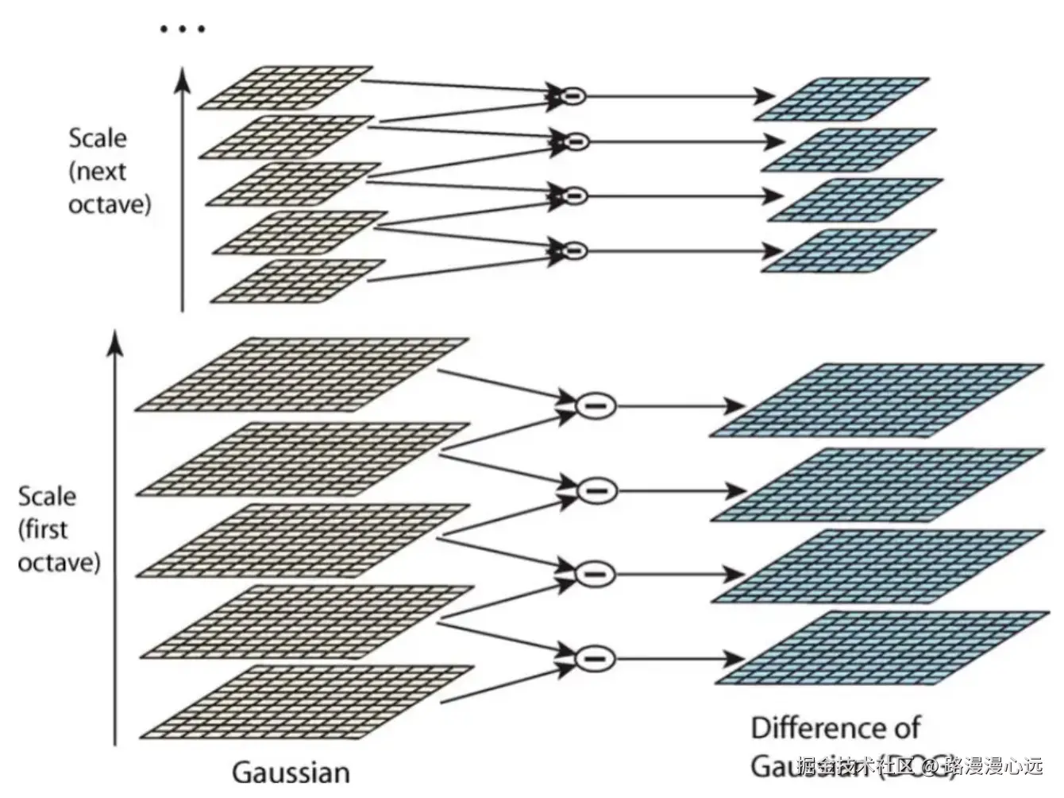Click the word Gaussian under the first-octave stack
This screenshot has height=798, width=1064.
click(x=291, y=772)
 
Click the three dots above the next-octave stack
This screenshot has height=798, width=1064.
click(x=183, y=29)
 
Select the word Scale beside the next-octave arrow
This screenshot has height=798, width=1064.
click(x=98, y=138)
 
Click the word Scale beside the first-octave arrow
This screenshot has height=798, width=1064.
click(x=48, y=497)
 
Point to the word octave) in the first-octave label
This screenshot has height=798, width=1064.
click(x=60, y=563)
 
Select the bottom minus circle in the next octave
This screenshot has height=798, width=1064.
click(x=572, y=250)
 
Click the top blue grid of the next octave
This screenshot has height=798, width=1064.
click(x=842, y=99)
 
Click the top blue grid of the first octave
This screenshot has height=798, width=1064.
click(x=876, y=401)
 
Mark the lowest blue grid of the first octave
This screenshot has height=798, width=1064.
click(x=881, y=648)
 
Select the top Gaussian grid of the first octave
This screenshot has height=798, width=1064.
click(x=302, y=374)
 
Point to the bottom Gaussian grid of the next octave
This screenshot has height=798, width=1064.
click(x=299, y=281)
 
